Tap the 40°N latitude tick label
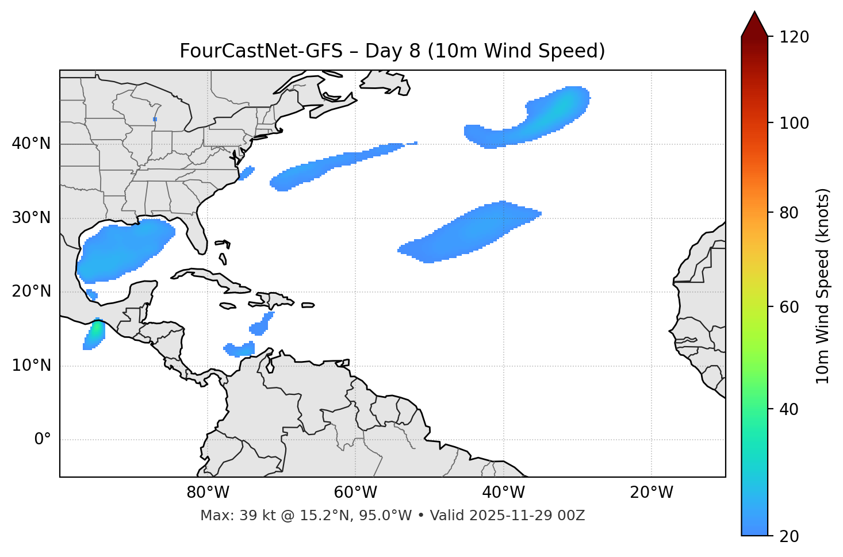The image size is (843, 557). (31, 143)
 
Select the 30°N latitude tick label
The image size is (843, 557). (31, 217)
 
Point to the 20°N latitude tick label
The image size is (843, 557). (31, 291)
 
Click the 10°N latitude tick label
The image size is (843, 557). (31, 366)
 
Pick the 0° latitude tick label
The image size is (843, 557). (43, 440)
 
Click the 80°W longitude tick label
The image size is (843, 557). (208, 493)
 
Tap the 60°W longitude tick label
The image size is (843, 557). (355, 493)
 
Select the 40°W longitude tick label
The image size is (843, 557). (503, 493)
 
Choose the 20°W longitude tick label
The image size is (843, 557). (651, 493)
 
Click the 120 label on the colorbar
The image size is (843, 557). (794, 37)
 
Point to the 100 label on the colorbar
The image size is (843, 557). (794, 123)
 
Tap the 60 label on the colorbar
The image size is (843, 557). (789, 307)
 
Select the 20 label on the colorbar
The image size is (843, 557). (789, 536)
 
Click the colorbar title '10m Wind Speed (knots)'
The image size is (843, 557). (823, 286)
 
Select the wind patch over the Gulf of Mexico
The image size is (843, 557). (124, 250)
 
